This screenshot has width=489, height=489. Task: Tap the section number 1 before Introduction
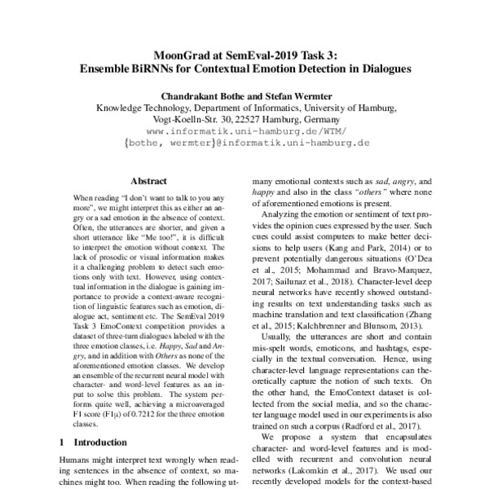(66, 442)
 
